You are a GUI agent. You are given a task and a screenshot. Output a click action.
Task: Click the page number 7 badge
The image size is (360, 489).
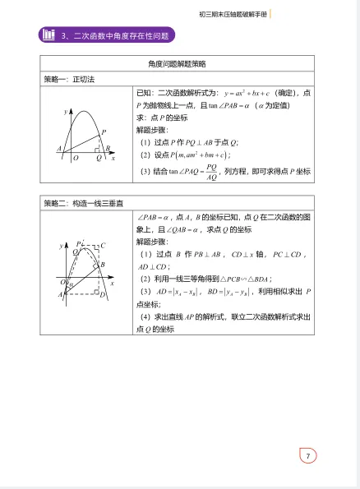point(307,456)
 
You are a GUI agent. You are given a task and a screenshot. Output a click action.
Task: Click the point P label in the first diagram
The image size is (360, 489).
point(103,131)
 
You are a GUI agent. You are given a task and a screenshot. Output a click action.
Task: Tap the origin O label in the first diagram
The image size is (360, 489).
point(75,157)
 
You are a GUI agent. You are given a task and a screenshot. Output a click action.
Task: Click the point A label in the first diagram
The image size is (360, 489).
point(59,148)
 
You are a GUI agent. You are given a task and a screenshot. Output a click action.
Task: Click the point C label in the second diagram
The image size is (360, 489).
point(103,245)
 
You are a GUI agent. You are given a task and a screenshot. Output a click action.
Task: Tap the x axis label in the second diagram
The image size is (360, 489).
point(112,283)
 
